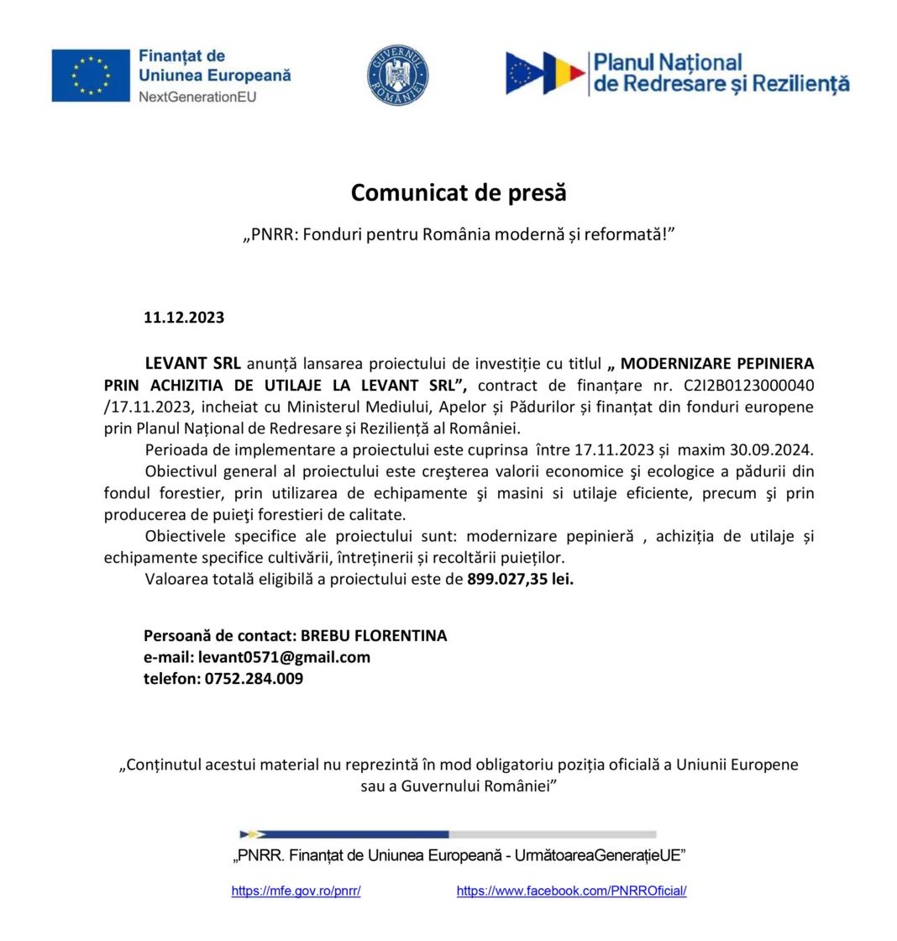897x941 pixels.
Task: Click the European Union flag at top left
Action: [x=90, y=76]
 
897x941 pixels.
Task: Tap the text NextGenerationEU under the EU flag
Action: [x=197, y=97]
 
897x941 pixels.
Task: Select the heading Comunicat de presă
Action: [x=459, y=193]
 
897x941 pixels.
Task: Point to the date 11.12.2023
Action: [x=184, y=318]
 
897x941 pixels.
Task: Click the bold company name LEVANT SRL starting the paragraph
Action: [x=192, y=365]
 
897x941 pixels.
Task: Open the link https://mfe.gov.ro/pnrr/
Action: [x=296, y=891]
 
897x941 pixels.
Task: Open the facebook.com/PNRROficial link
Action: [x=571, y=891]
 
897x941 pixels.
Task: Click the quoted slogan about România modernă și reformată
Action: [x=459, y=236]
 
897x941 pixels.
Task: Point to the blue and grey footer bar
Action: [x=448, y=834]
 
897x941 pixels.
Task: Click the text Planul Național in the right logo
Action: [x=668, y=64]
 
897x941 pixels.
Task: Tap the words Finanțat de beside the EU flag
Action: [x=181, y=56]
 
